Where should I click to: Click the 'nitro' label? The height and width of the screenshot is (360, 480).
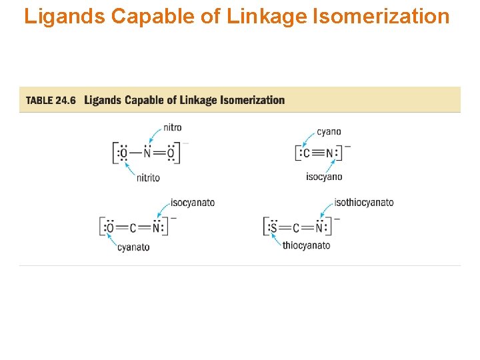tap(172, 127)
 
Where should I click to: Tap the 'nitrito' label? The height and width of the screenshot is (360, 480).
tap(148, 178)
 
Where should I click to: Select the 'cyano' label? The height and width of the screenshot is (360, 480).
tap(329, 131)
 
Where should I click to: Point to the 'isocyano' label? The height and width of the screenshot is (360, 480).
tap(324, 177)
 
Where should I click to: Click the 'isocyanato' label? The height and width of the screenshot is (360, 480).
tap(193, 203)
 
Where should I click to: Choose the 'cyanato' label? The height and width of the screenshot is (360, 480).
tap(133, 247)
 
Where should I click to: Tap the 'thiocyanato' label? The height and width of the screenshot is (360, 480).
tap(306, 245)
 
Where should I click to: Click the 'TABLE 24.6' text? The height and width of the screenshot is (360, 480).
tap(51, 101)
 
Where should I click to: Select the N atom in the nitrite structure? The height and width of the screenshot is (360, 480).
tap(147, 154)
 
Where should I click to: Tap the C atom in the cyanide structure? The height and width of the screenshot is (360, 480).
tap(306, 154)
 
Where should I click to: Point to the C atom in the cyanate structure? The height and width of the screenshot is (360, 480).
tap(133, 229)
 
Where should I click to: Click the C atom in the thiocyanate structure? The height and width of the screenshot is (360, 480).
tap(297, 228)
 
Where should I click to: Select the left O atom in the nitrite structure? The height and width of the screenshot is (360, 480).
tap(123, 154)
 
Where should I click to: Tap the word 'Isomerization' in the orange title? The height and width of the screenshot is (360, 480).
tap(381, 16)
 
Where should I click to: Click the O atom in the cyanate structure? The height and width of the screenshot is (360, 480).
tap(109, 229)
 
